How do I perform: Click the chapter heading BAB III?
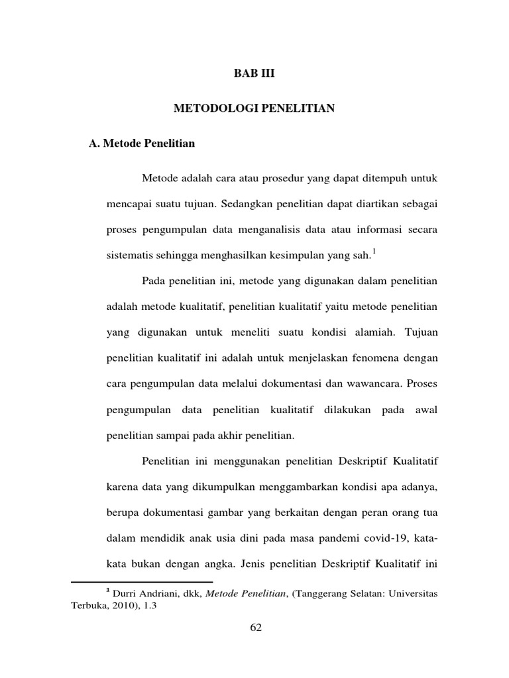coord(254,74)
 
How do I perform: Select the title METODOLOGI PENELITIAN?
coord(254,109)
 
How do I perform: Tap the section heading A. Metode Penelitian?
coord(142,143)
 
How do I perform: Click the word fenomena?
coord(372,358)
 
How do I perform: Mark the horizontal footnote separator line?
coord(142,581)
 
